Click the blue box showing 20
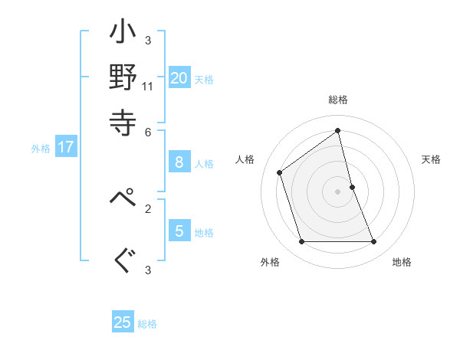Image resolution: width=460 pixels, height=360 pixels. coord(179,78)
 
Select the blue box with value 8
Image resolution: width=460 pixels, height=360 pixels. coord(179,162)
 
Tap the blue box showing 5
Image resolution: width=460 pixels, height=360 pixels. coord(179,231)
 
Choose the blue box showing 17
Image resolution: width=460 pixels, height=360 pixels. coord(66,148)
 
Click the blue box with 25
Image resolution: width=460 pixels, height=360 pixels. coord(123,322)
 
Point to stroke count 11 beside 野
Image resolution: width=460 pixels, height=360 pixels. coord(148,86)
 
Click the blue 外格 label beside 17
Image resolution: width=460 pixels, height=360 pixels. coord(41,149)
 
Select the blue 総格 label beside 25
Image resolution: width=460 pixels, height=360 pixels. coord(147,324)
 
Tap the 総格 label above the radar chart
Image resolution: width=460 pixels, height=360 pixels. coord(338,100)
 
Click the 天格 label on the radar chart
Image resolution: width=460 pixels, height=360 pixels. coord(432,159)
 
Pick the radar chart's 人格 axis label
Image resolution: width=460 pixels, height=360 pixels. coord(245,159)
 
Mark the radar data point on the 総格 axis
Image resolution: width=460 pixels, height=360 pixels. coord(338,130)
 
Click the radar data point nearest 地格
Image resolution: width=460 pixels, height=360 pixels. coord(374,242)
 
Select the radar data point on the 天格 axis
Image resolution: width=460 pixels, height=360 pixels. coord(352,186)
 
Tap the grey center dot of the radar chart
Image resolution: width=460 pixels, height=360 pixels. coord(338,191)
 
